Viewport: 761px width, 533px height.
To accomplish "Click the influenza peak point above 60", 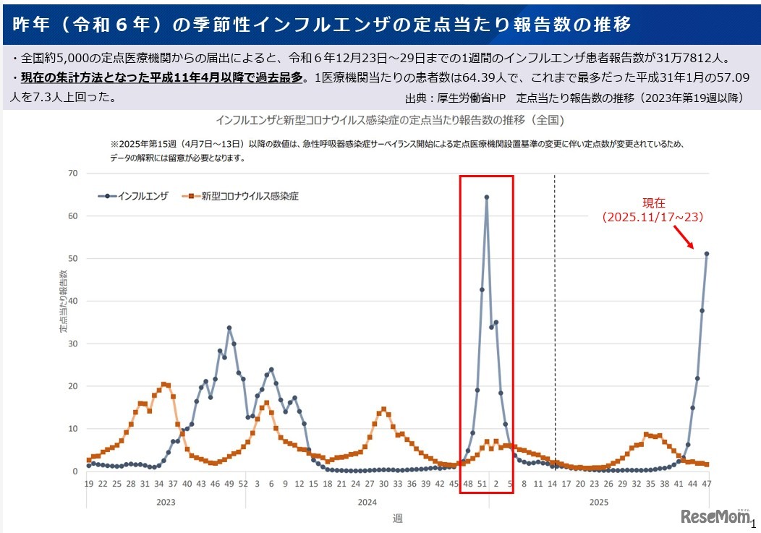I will [x=486, y=197].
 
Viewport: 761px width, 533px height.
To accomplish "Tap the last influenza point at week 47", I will [x=707, y=254].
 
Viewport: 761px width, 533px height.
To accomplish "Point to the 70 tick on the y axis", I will [x=72, y=173].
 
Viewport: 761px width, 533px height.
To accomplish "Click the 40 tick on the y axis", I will [x=72, y=301].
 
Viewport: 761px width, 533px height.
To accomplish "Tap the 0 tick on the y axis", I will [x=75, y=472].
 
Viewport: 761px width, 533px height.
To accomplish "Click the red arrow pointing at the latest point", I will [x=684, y=236].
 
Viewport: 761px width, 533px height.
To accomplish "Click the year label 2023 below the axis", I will [x=166, y=502].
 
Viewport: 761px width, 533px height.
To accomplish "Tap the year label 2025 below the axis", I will [x=598, y=502].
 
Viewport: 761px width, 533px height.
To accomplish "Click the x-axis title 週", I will [x=397, y=518].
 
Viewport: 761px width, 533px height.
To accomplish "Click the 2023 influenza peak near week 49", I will [x=229, y=328].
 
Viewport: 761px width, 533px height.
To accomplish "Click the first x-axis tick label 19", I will [x=88, y=484].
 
